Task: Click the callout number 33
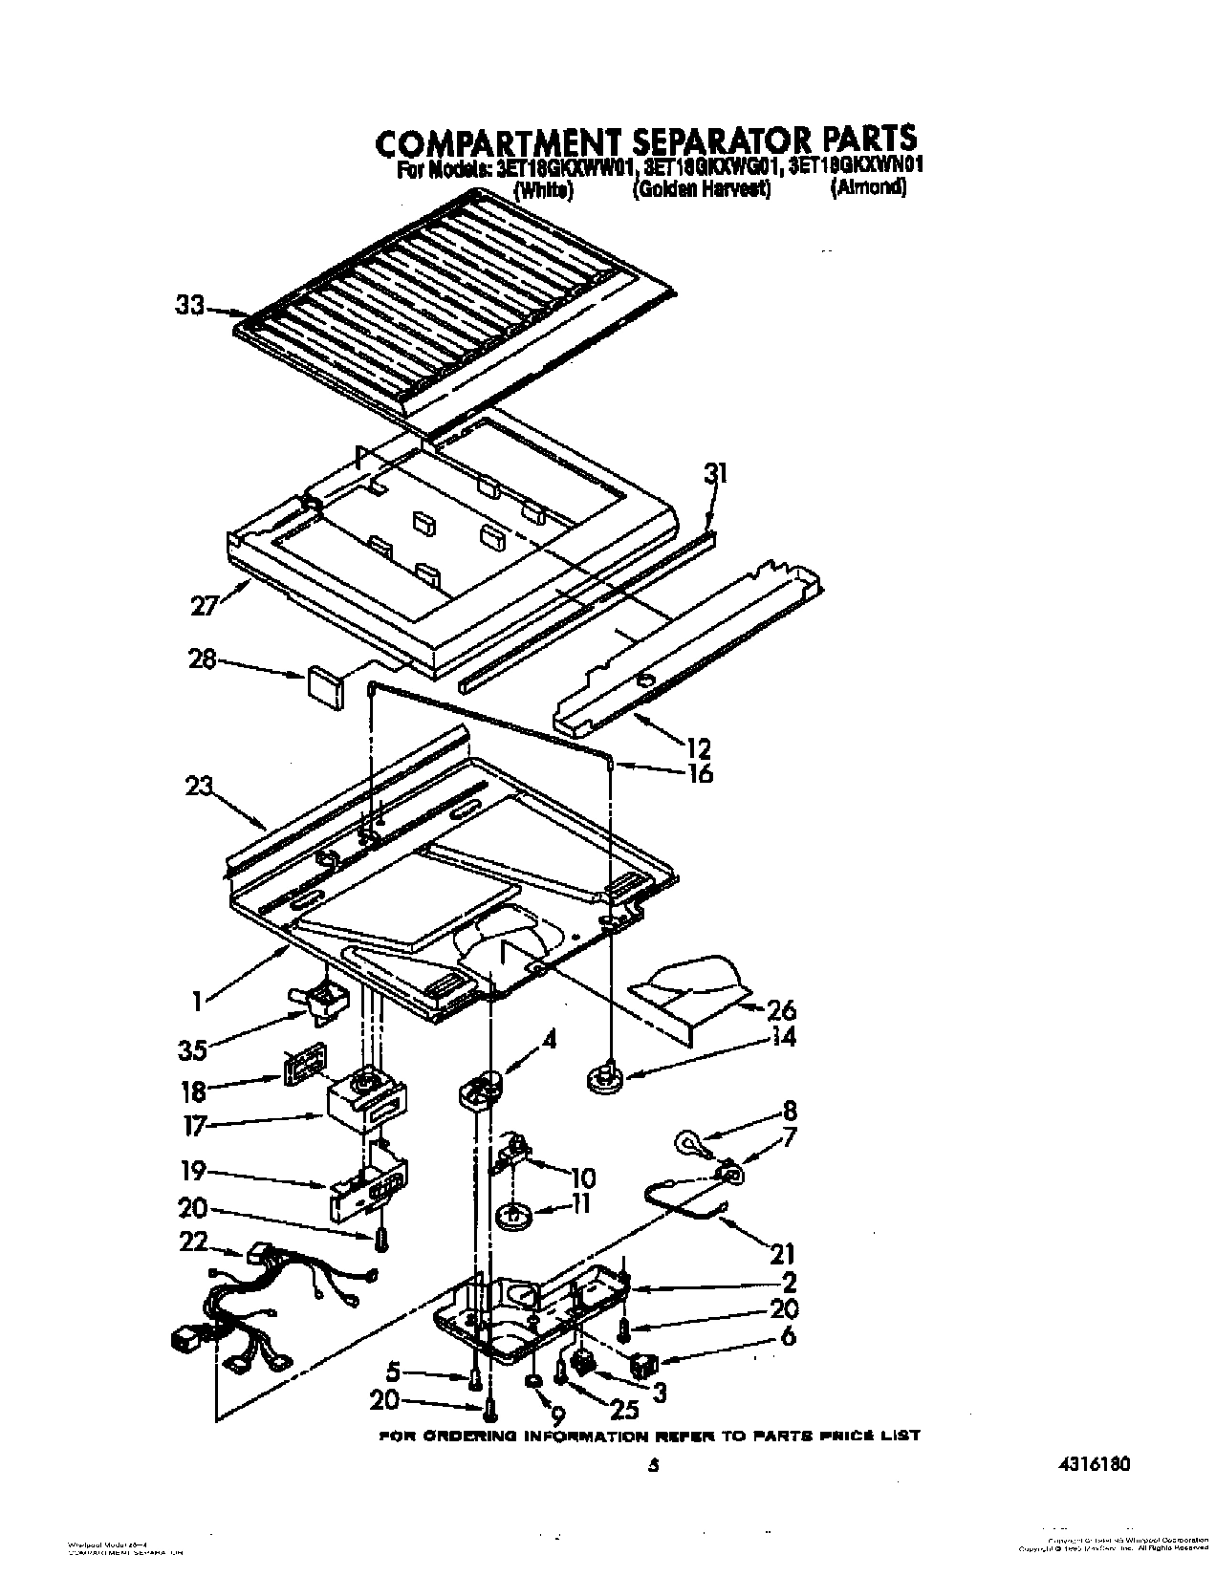coord(189,306)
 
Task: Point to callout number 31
coord(715,473)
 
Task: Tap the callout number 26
coord(780,1009)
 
